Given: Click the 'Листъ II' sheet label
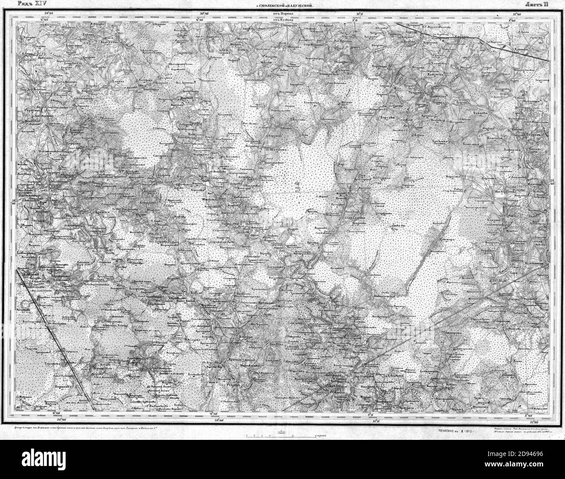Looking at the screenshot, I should (537, 4).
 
